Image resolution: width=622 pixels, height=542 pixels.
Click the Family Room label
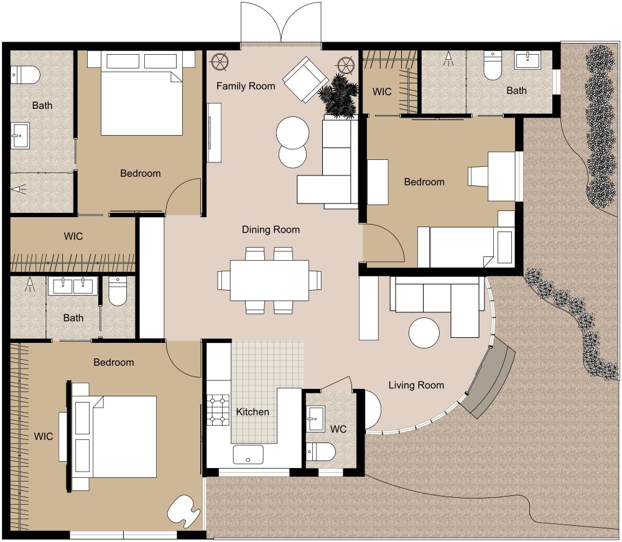(246, 86)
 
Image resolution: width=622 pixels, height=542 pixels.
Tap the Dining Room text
(271, 230)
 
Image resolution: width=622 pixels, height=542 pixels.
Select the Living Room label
(416, 385)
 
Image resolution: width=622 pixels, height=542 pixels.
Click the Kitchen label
(253, 412)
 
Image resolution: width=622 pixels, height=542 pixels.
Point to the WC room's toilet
(321, 451)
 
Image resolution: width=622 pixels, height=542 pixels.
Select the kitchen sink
(248, 455)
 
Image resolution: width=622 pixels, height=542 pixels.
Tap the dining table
(269, 280)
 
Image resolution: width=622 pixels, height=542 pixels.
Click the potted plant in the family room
(338, 95)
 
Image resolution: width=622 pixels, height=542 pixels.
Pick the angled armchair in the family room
(305, 79)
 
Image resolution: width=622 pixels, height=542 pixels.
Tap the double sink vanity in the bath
(73, 286)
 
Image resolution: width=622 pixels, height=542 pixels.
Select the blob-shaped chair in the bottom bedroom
(183, 508)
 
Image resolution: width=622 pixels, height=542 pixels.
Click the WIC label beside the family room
(382, 91)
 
